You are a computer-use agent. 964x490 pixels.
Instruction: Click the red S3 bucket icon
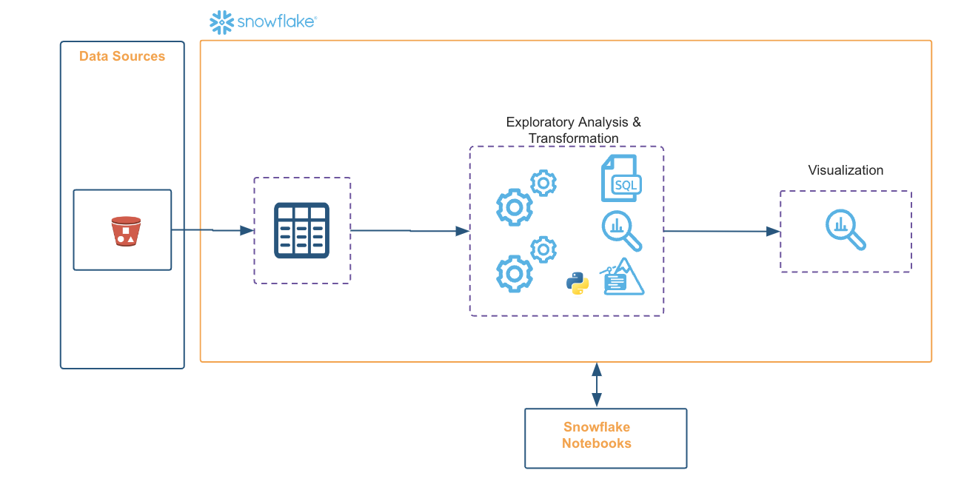click(x=126, y=231)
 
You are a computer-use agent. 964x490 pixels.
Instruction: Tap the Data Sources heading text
click(x=122, y=56)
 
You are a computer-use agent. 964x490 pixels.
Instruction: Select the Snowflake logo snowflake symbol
click(x=221, y=22)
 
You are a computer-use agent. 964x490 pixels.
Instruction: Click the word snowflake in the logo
click(x=275, y=22)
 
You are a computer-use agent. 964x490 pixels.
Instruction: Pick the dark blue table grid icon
click(x=302, y=230)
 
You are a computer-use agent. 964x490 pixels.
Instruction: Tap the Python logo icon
click(x=578, y=283)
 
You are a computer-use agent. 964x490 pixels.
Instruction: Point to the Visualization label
click(x=846, y=170)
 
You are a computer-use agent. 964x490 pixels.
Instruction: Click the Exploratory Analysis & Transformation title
click(x=574, y=130)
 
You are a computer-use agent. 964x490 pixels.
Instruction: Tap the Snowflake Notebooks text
click(x=597, y=435)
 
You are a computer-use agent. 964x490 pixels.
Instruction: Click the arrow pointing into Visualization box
click(x=722, y=231)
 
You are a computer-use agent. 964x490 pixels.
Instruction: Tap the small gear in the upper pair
click(x=543, y=182)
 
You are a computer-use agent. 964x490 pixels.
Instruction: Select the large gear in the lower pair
click(x=514, y=274)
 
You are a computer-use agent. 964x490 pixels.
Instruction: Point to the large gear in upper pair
click(x=514, y=207)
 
